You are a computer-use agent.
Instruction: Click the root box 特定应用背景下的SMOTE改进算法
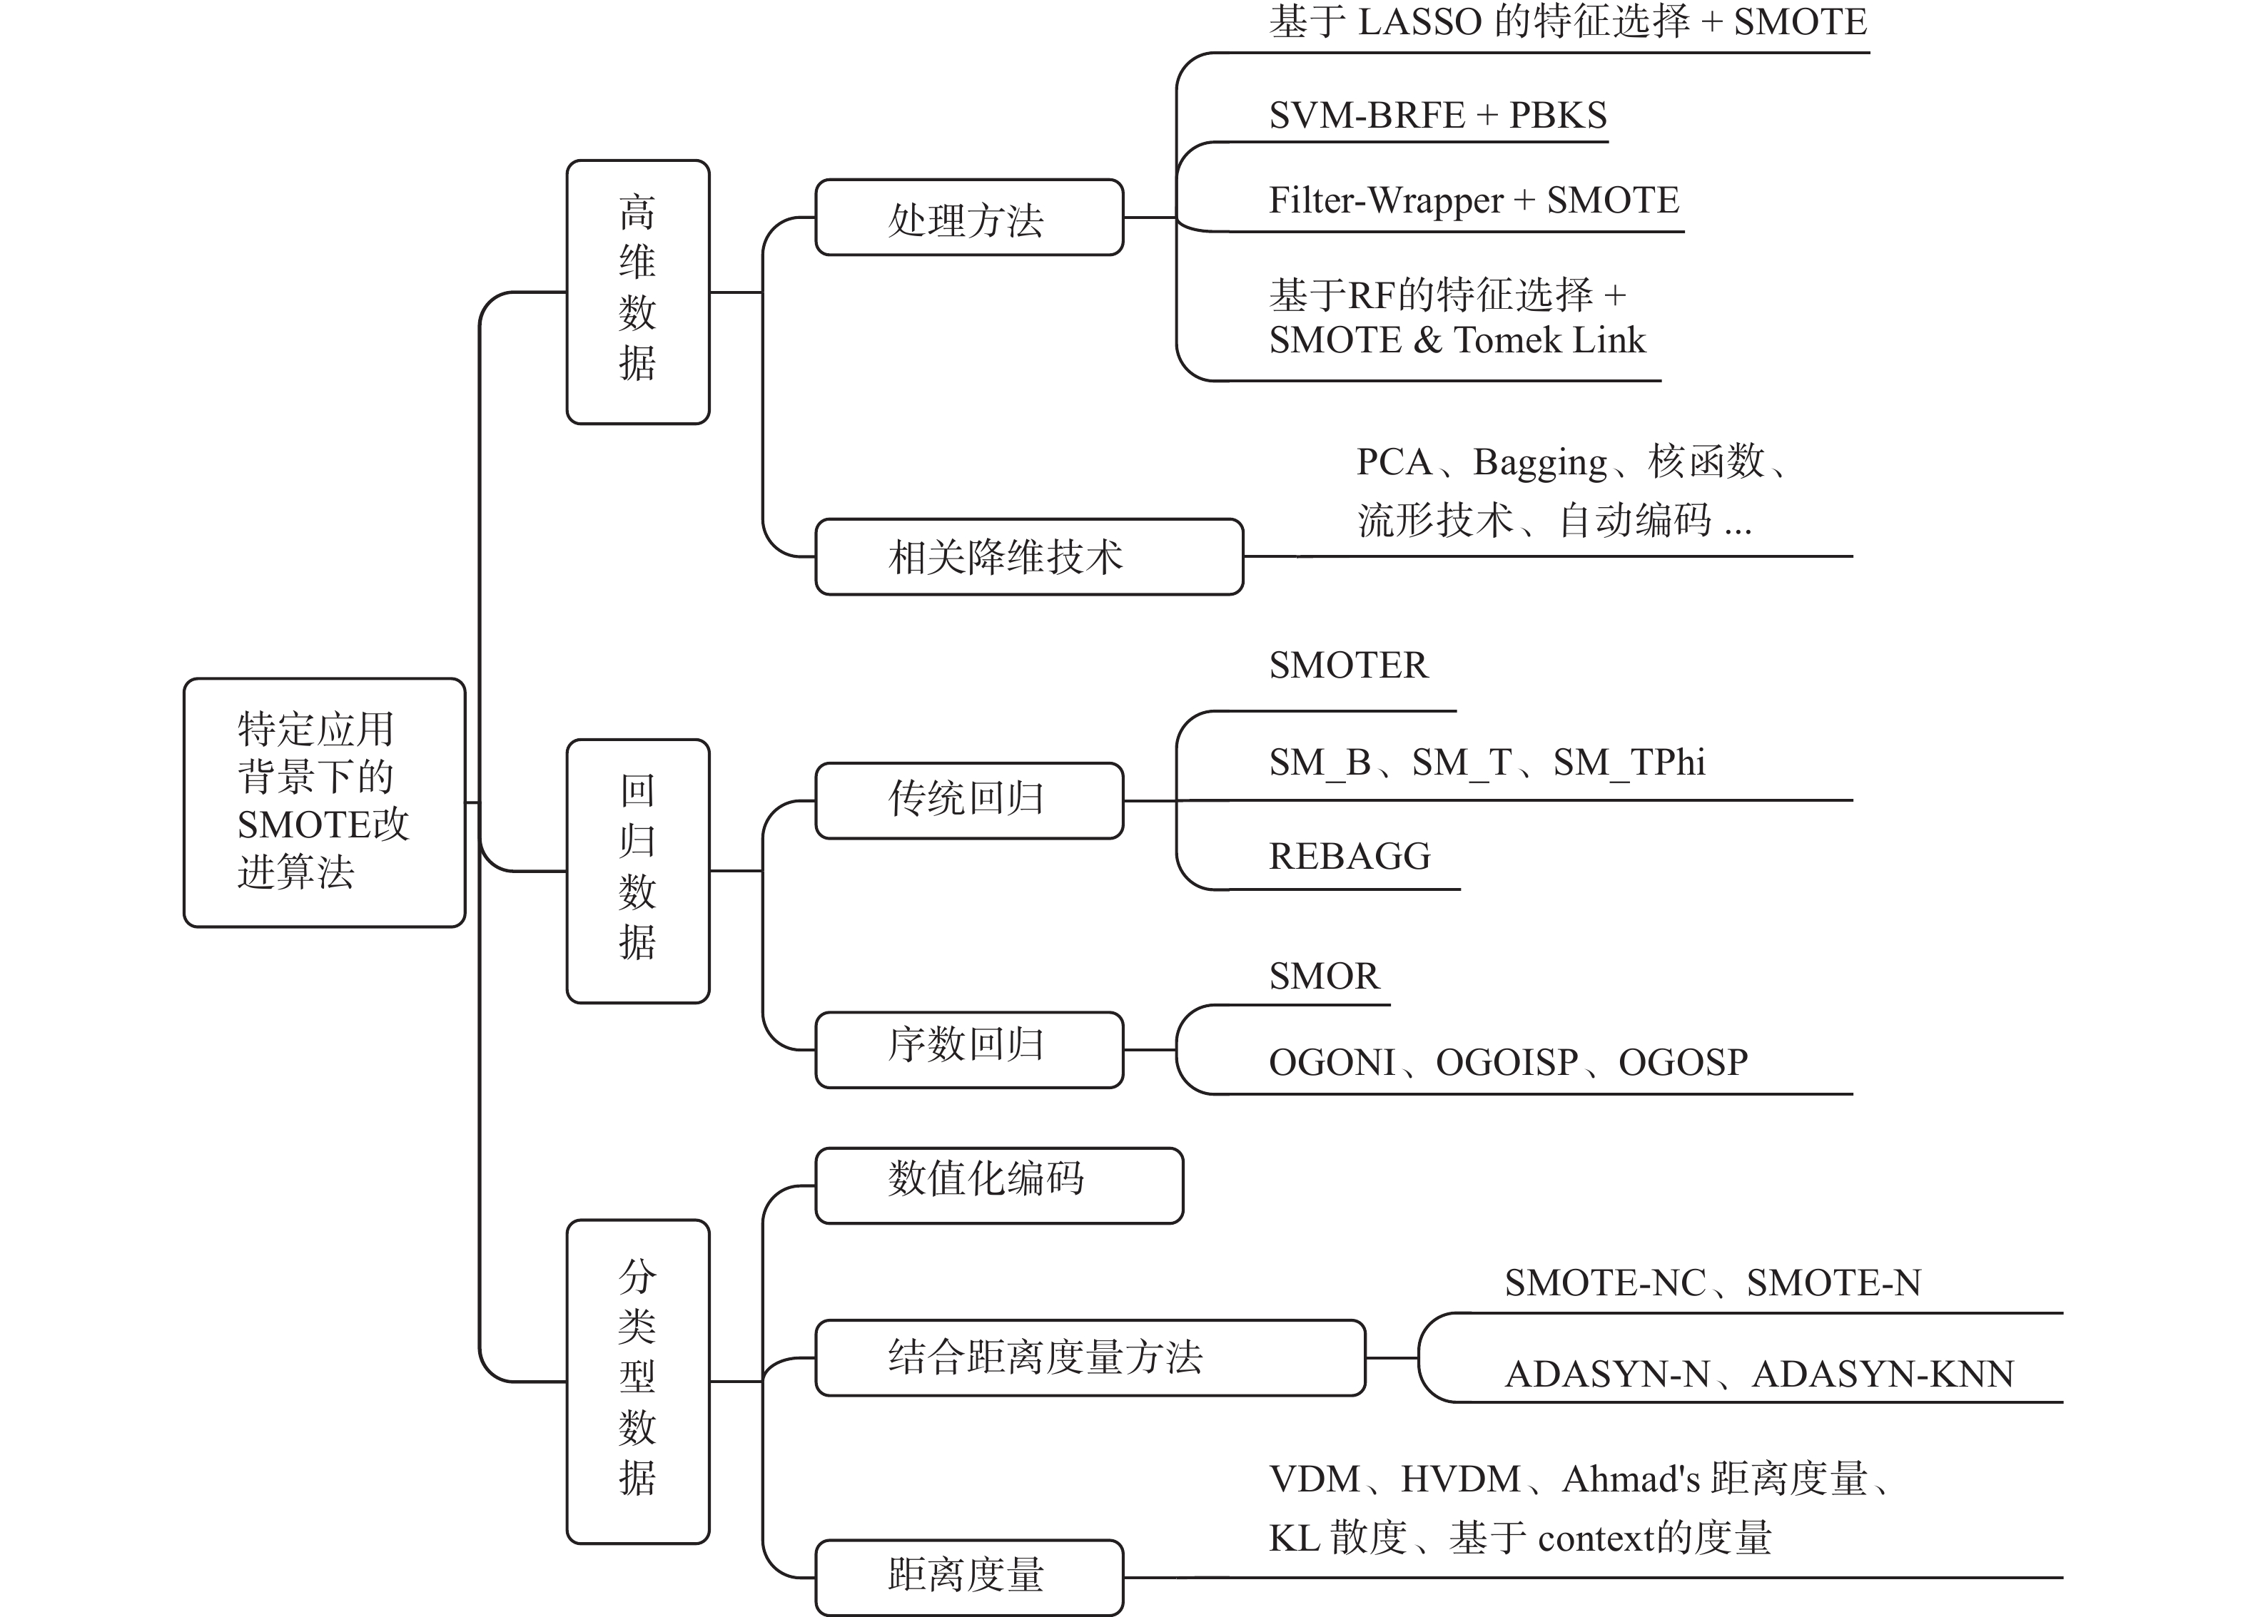[x=324, y=802]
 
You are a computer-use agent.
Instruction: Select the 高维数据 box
[x=637, y=292]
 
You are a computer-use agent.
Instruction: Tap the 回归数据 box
[x=637, y=871]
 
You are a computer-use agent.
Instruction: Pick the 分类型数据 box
[x=637, y=1381]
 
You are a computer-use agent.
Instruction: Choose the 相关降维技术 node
[x=1028, y=557]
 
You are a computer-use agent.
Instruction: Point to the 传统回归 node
[x=968, y=800]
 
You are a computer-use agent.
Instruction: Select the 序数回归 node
[x=968, y=1049]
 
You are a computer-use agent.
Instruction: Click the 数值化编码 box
[x=998, y=1185]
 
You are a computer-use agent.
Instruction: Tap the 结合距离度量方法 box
[x=1089, y=1357]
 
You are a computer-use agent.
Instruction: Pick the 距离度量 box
[x=968, y=1576]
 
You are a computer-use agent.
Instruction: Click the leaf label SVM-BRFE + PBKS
[x=1437, y=116]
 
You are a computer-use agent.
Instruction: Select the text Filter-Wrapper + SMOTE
[x=1474, y=201]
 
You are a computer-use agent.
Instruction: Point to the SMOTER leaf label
[x=1348, y=665]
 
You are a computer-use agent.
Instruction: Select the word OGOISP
[x=1507, y=1063]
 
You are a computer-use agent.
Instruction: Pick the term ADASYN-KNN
[x=1883, y=1375]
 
